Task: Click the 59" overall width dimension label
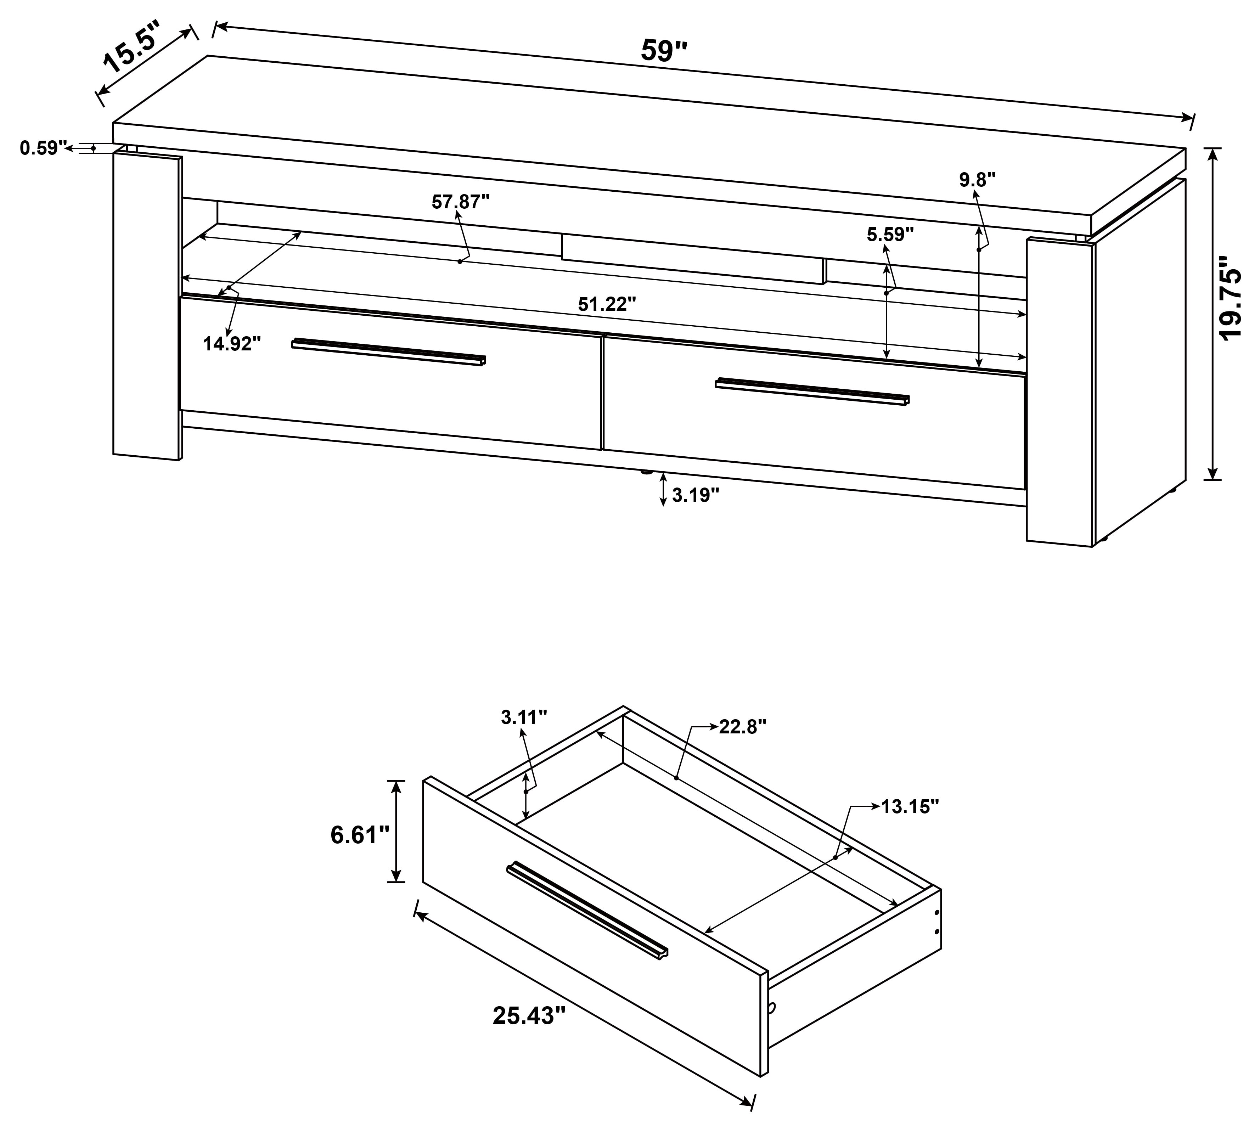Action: click(664, 51)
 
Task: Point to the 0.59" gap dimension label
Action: click(42, 148)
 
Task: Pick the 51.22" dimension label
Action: click(607, 304)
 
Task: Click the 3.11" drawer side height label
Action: click(524, 717)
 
